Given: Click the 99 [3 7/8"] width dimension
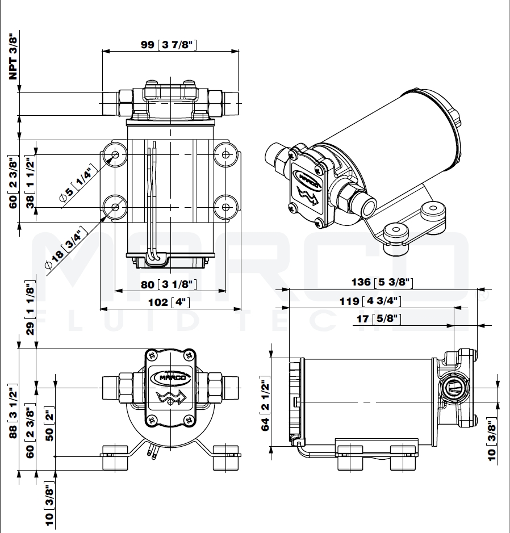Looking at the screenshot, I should coord(169,45).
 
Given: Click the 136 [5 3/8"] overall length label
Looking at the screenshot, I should coord(382,282).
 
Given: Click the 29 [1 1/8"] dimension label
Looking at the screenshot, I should coord(31,309).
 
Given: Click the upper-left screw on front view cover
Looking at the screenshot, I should coord(152,355).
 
